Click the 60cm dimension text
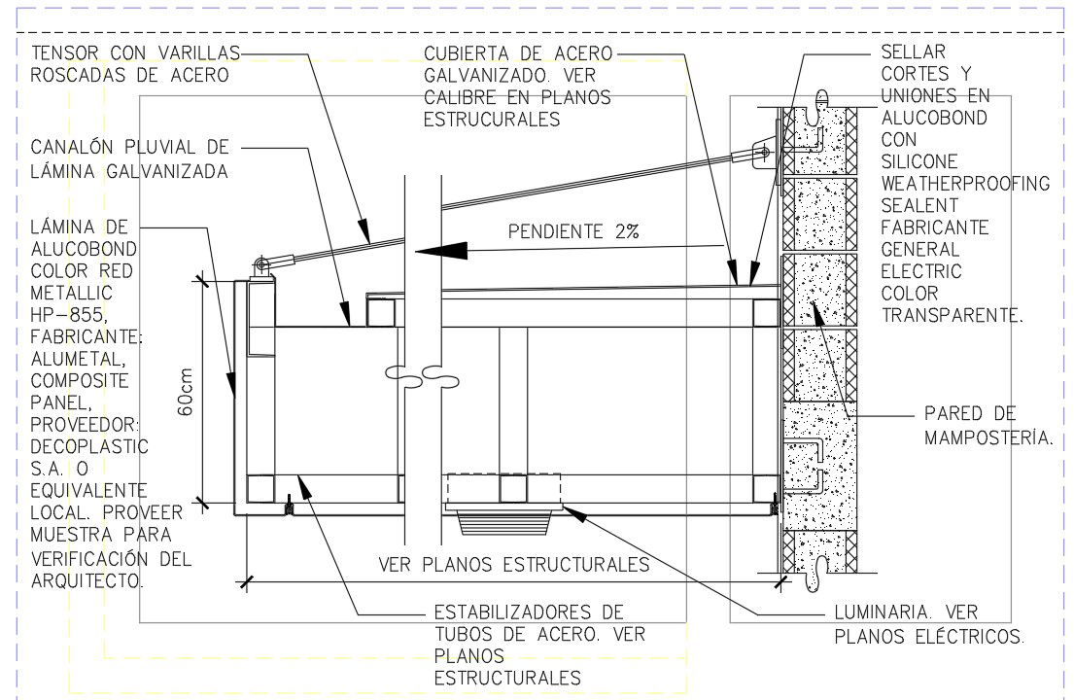[185, 393]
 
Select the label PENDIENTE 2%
[573, 231]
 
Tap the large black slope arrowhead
[441, 251]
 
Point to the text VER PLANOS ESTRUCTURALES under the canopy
[514, 565]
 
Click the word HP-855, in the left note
[69, 315]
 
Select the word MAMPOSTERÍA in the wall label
[988, 437]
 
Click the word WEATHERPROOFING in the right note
[965, 183]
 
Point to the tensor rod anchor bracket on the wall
[764, 154]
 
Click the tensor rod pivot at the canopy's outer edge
[261, 264]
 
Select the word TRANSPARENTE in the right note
[952, 315]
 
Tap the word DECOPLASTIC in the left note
[89, 446]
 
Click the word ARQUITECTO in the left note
[87, 580]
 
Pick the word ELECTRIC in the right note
[921, 271]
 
